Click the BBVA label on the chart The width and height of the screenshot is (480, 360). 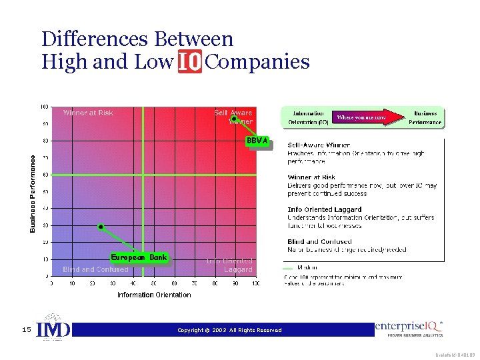tap(257, 141)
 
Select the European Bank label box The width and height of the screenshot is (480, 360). tap(139, 257)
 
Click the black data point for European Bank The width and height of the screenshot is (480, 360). tap(101, 227)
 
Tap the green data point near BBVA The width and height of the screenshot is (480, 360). tap(234, 119)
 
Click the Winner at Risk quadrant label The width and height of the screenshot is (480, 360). tap(88, 113)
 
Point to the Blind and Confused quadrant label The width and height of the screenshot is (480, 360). tap(95, 269)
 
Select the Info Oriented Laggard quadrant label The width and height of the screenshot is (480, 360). tap(229, 265)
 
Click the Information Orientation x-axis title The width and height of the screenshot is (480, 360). tap(154, 295)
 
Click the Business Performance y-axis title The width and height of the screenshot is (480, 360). tap(33, 193)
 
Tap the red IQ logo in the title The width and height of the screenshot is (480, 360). tap(190, 63)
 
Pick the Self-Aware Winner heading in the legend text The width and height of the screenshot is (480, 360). tap(319, 145)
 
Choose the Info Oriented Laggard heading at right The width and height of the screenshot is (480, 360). tap(325, 209)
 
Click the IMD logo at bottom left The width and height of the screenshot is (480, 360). tap(53, 328)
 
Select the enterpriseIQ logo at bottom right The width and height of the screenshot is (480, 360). tap(409, 327)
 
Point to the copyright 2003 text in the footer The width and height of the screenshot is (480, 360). tap(229, 330)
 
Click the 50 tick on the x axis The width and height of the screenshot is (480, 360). tap(154, 283)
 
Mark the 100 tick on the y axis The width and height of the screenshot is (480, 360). tap(44, 107)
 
